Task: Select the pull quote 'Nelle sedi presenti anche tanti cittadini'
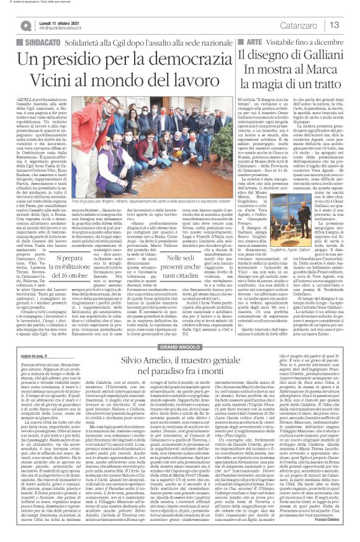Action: pos(204,236)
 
